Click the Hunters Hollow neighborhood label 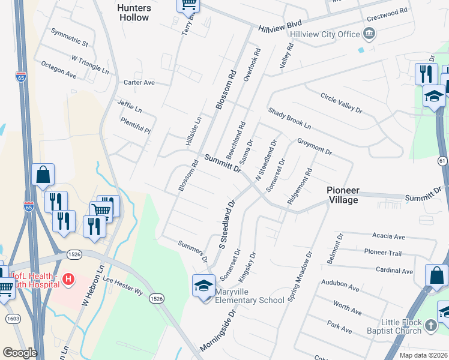[133, 12]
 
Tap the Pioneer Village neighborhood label [351, 195]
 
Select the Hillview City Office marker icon [369, 34]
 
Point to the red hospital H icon [68, 280]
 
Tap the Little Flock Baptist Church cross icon [430, 325]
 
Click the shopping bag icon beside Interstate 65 [43, 175]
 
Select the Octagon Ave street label [58, 70]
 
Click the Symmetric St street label [70, 38]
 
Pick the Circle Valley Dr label [342, 103]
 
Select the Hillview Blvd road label [280, 26]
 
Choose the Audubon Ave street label [341, 288]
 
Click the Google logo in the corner [20, 353]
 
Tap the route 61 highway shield [442, 161]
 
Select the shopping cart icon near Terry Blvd [188, 4]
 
